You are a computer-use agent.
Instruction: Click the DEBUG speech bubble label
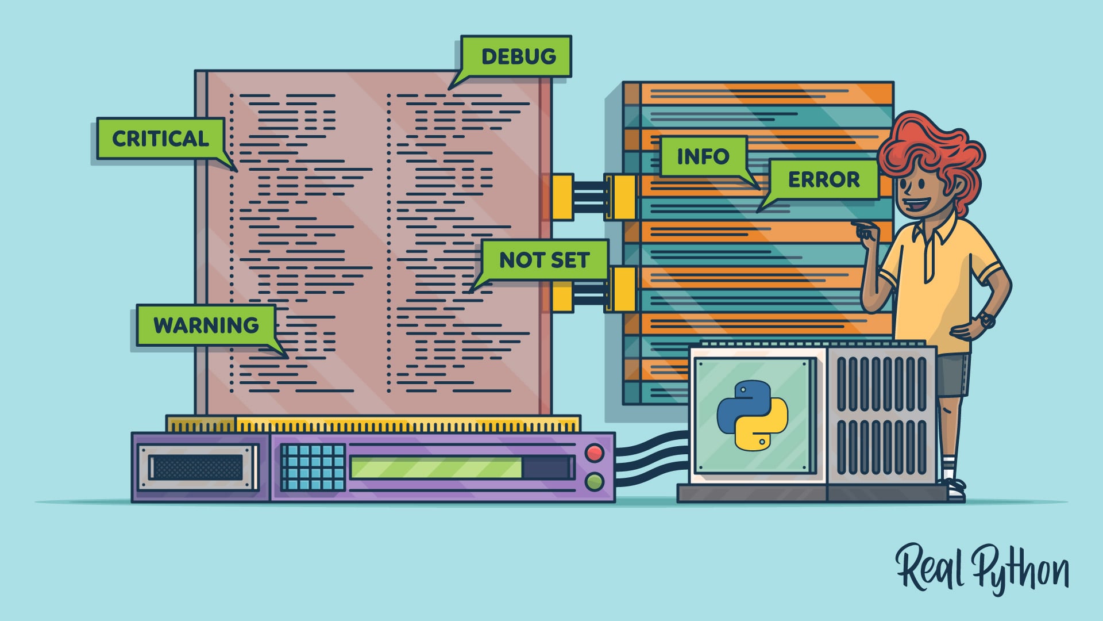tap(517, 56)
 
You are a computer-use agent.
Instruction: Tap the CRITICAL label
tap(160, 139)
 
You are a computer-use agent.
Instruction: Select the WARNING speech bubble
tap(206, 325)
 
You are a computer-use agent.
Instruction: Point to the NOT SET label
tap(544, 260)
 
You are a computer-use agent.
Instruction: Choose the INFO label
tap(703, 156)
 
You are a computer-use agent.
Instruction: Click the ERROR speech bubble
tap(823, 180)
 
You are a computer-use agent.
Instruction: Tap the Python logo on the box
tap(752, 415)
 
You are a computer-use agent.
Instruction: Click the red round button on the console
tap(594, 453)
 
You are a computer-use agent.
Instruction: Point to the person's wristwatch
tap(987, 320)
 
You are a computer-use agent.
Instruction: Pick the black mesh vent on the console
tap(196, 467)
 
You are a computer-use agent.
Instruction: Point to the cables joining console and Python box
tap(652, 457)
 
